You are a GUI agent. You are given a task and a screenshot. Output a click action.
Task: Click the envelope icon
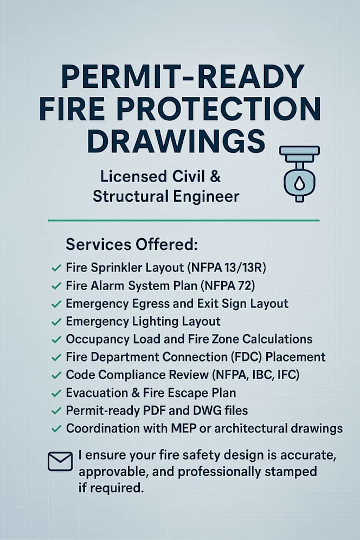point(60,462)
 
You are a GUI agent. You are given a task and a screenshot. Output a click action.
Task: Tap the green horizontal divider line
point(183,220)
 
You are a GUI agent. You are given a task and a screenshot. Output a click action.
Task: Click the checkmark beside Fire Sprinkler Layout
point(56,268)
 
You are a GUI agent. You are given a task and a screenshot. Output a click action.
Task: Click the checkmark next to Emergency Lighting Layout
point(56,322)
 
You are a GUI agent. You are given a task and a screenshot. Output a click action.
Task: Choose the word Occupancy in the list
point(94,339)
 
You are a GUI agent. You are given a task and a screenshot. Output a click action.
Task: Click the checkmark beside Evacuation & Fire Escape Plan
point(56,393)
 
